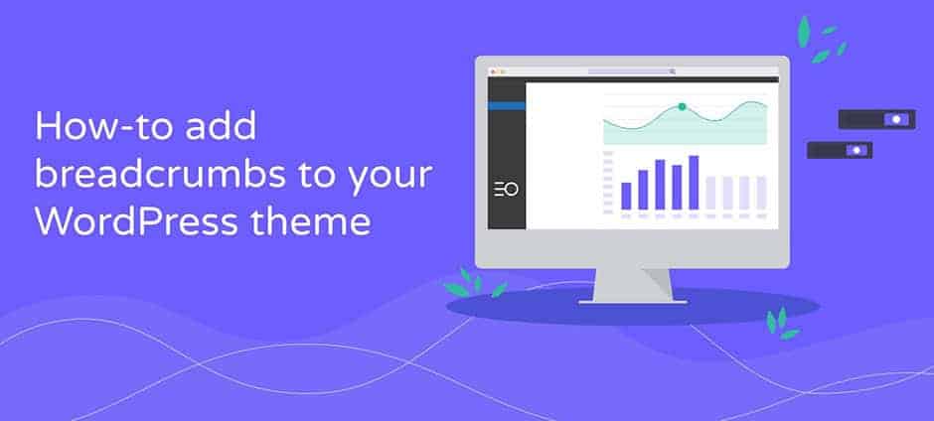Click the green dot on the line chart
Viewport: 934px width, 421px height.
pos(682,106)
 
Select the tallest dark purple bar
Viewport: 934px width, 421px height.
pos(694,183)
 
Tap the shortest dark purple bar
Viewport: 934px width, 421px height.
pos(626,196)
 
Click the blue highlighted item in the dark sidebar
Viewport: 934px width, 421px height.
pos(507,106)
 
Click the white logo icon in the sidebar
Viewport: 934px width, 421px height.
pos(507,190)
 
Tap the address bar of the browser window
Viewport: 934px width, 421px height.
pos(631,71)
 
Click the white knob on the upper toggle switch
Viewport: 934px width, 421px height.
pos(896,120)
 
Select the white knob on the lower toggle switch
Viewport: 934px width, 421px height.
pos(856,151)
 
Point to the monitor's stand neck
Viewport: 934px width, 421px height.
pos(633,285)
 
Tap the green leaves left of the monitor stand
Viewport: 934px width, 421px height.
pos(475,283)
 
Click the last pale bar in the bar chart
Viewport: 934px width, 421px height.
pos(761,193)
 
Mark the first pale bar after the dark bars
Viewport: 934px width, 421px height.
pos(710,193)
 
